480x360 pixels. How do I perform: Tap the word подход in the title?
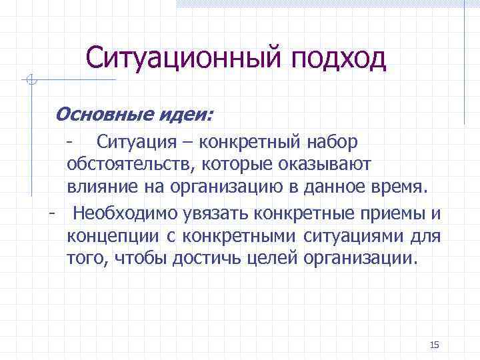[x=339, y=59]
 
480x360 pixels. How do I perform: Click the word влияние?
[x=95, y=185]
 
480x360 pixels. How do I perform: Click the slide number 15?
[x=435, y=344]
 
